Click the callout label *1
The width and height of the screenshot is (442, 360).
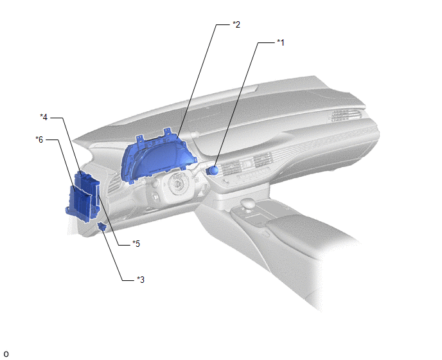(x=281, y=42)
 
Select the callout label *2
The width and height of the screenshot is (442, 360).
(x=236, y=24)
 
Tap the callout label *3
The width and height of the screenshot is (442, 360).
(x=141, y=280)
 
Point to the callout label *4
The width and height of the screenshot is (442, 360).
(x=44, y=117)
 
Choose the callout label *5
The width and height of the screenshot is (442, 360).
(x=136, y=244)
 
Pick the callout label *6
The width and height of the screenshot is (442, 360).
(x=39, y=139)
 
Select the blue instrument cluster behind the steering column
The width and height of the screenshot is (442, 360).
(x=158, y=159)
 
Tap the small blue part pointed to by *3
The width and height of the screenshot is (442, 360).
(x=102, y=226)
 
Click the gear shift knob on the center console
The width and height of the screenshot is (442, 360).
(x=249, y=204)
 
